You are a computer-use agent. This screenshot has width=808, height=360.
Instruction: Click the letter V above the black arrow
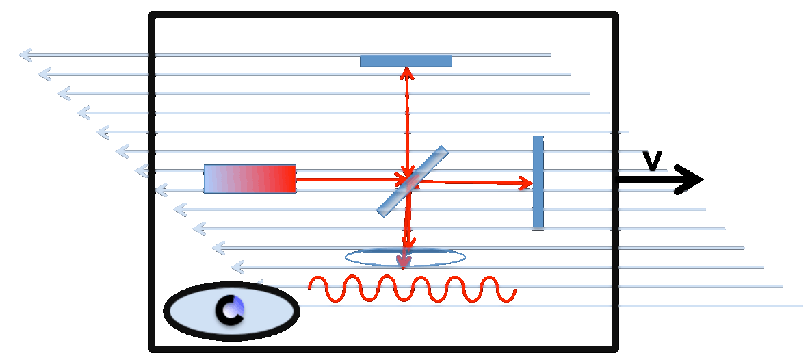(652, 161)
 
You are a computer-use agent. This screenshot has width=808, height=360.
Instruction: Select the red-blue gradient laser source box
(250, 179)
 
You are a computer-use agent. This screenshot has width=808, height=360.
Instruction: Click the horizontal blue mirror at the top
(406, 61)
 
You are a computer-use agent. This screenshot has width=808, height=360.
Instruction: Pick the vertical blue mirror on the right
(538, 181)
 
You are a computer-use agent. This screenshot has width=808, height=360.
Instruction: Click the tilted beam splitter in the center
(413, 181)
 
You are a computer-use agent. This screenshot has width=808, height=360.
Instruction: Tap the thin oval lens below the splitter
(406, 257)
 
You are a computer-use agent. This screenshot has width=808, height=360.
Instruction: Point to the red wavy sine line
(413, 289)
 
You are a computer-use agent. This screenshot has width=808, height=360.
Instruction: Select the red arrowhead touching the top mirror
(407, 74)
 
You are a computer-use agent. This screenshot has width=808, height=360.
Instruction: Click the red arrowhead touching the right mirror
(526, 183)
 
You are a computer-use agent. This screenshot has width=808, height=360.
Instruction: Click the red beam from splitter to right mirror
(475, 182)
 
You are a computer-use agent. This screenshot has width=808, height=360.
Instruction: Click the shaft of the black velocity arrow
(647, 179)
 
